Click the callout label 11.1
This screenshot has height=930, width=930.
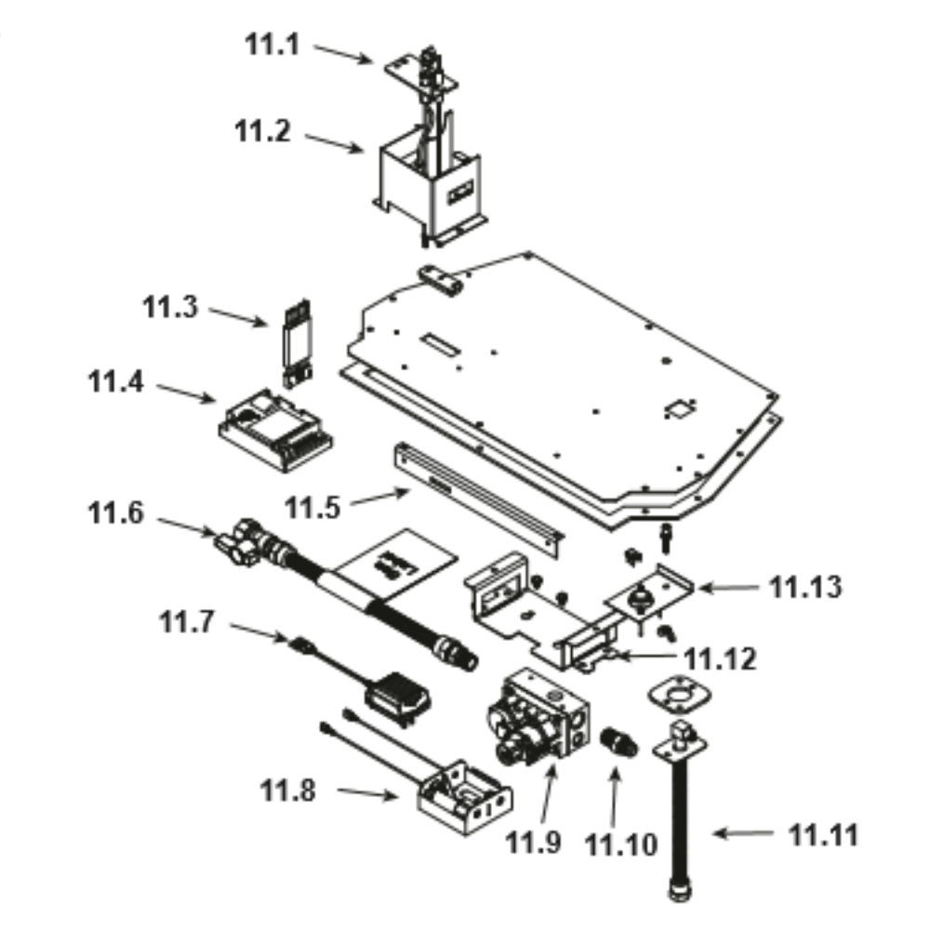(272, 43)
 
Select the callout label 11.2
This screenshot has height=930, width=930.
(261, 131)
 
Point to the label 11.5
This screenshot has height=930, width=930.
(312, 508)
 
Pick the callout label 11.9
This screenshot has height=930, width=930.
(534, 843)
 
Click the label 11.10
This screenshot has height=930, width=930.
(621, 844)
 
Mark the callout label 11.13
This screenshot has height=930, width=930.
(805, 588)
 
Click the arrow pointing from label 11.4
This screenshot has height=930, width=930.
(184, 392)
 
